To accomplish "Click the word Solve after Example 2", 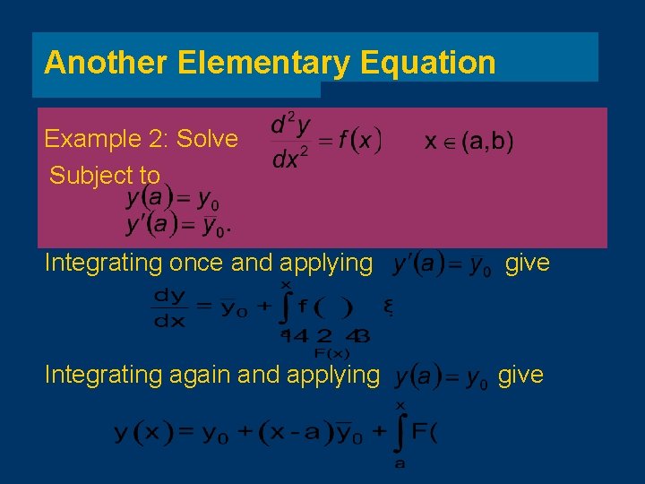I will (208, 139).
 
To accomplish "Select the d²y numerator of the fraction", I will (292, 124).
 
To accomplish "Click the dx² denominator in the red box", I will (292, 159).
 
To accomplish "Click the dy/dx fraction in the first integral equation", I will (169, 307).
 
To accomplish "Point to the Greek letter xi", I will (388, 307).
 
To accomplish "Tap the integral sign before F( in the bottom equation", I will (400, 434).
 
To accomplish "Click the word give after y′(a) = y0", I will (528, 264).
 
